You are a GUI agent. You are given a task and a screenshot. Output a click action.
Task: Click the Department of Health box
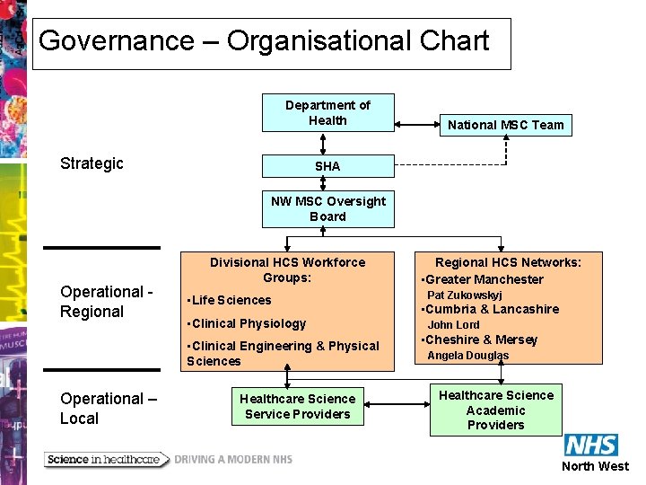pos(327,113)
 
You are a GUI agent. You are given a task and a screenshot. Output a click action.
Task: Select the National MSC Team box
pos(506,125)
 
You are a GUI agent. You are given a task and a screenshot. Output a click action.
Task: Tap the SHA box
pos(327,166)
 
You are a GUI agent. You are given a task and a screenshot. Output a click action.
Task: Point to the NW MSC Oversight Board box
pos(327,208)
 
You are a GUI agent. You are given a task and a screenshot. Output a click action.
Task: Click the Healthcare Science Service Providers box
pos(298,406)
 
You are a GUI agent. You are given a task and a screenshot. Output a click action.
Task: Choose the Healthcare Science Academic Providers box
pos(496,410)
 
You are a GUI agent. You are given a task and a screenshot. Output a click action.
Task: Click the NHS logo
pos(590,445)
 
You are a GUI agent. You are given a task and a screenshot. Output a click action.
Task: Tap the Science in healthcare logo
pos(106,459)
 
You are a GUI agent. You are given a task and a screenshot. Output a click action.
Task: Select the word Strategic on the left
pos(92,163)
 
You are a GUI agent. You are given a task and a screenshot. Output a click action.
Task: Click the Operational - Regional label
pos(105,302)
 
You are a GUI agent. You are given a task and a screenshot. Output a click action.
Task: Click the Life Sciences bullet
pos(230,300)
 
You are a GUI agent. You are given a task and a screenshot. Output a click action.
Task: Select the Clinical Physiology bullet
pos(247,323)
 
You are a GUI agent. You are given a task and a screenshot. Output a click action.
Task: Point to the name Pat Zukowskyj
pos(464,295)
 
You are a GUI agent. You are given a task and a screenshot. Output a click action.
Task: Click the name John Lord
pos(453,324)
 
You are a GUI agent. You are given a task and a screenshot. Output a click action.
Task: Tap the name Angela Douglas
pos(467,355)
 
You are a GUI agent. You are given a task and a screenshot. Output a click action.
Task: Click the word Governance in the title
pos(116,41)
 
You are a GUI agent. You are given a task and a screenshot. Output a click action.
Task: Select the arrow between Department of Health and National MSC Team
pos(415,124)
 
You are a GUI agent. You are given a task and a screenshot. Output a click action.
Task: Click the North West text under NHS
pos(595,466)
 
